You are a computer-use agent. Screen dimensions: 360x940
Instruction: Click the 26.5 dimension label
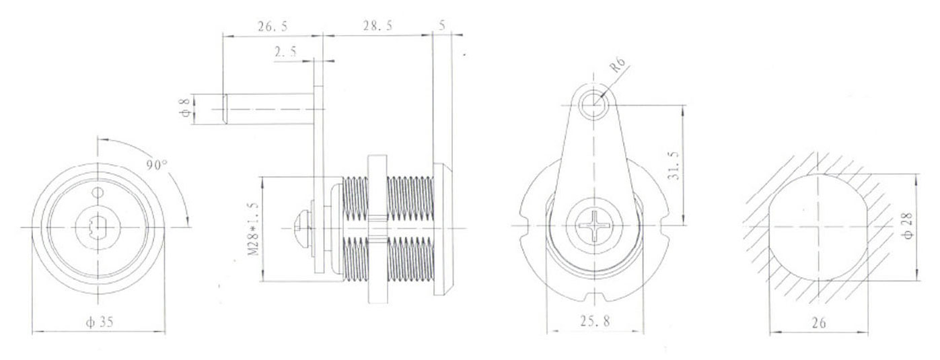(272, 26)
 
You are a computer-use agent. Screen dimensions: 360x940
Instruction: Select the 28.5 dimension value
(377, 26)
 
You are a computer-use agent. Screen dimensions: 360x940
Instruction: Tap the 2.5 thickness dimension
(286, 52)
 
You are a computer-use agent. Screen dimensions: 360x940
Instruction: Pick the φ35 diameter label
(100, 322)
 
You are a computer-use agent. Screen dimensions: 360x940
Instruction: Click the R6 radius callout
(618, 67)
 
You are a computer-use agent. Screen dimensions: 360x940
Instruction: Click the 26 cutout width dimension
(818, 322)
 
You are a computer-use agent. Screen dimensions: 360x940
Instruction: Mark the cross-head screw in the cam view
(593, 226)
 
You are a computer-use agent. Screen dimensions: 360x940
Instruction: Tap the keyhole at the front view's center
(98, 227)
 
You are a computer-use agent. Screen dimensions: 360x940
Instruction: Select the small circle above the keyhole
(98, 193)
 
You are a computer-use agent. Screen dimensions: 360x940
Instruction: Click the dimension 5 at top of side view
(441, 26)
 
